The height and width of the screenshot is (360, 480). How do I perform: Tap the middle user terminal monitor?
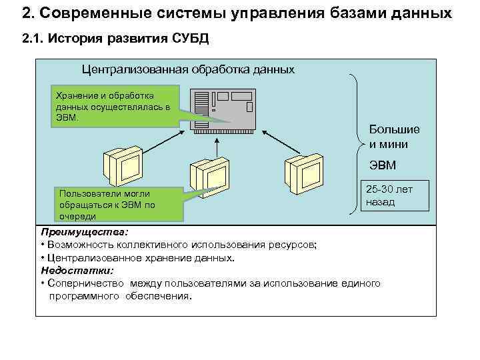click(x=207, y=175)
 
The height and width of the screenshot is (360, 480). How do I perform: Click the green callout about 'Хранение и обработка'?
click(x=114, y=105)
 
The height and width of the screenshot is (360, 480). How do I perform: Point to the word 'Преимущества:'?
click(x=85, y=232)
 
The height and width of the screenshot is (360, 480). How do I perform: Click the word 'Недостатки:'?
click(x=77, y=271)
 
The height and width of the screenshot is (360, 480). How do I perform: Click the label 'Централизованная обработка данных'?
click(x=187, y=69)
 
